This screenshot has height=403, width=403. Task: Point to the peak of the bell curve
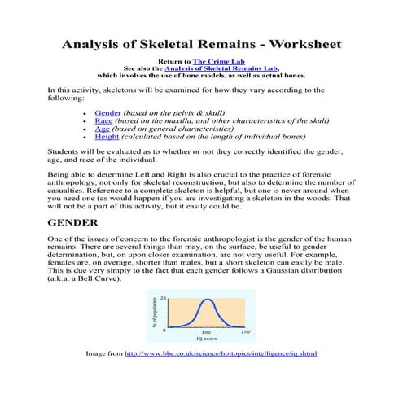tap(208, 300)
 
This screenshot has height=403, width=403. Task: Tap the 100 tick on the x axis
tap(206, 332)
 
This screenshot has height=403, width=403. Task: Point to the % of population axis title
tap(154, 311)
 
